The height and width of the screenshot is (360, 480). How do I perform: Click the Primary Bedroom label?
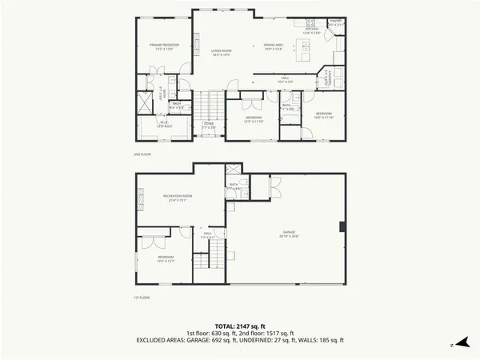pyautogui.click(x=164, y=46)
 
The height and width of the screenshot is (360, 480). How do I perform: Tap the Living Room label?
pyautogui.click(x=222, y=53)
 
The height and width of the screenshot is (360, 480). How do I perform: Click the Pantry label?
pyautogui.click(x=337, y=22)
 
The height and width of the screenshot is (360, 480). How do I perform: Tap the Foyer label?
pyautogui.click(x=208, y=125)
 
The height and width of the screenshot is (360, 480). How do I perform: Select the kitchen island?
pyautogui.click(x=303, y=43)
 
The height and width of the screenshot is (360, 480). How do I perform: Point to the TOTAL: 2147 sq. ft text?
pyautogui.click(x=240, y=326)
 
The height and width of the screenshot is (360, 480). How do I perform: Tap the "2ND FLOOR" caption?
pyautogui.click(x=141, y=153)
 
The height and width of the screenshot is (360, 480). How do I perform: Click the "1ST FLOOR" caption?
pyautogui.click(x=141, y=297)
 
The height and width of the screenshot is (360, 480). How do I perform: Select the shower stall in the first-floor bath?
pyautogui.click(x=233, y=170)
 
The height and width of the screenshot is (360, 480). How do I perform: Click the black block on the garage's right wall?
pyautogui.click(x=342, y=226)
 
